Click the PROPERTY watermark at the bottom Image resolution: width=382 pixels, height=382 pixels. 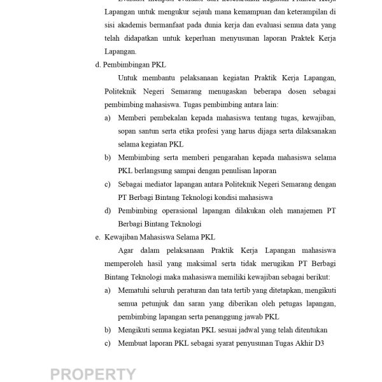coord(92,374)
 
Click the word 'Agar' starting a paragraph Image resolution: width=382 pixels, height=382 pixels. coord(127,250)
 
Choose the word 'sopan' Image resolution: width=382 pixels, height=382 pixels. coord(129,131)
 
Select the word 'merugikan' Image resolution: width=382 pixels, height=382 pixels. coord(279,264)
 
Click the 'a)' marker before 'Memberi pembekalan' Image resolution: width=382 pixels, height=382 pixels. coord(108,118)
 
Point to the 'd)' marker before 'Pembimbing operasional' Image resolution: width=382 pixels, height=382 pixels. coord(108,210)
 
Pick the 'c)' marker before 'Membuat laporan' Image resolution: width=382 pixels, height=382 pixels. coord(108,343)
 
